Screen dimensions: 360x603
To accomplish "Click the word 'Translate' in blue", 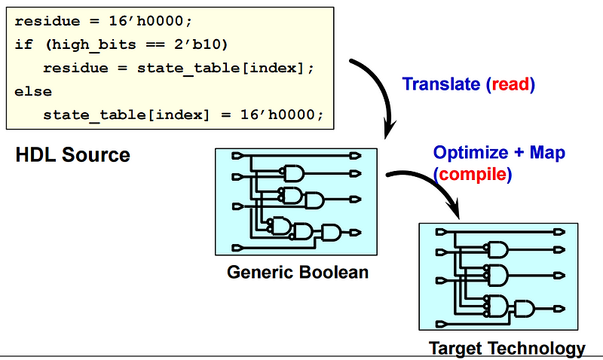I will [442, 84].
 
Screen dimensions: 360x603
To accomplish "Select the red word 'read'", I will [513, 84].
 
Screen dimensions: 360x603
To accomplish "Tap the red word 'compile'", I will [473, 174].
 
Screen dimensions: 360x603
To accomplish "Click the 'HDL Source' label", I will [72, 156].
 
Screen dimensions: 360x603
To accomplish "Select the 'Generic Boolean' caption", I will [298, 272].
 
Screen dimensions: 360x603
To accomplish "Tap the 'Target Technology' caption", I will [507, 348].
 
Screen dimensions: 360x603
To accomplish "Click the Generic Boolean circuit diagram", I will [296, 201].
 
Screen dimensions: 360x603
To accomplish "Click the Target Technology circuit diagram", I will [498, 276].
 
